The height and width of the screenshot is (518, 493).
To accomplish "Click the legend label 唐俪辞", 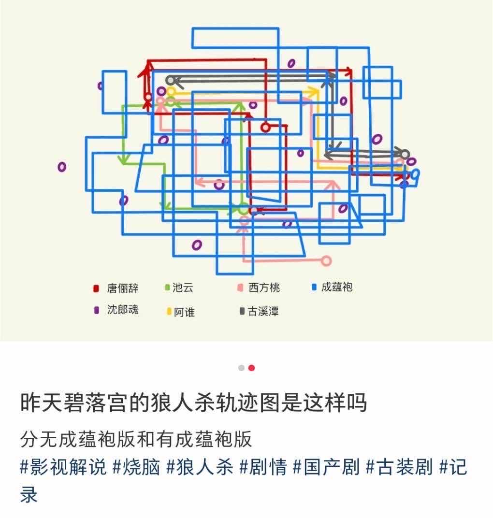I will pyautogui.click(x=123, y=288).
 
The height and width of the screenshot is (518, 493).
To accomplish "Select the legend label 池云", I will pyautogui.click(x=183, y=288).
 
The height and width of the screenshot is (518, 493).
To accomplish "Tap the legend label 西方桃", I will pyautogui.click(x=264, y=288).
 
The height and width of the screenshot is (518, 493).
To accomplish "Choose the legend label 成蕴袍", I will pyautogui.click(x=337, y=288).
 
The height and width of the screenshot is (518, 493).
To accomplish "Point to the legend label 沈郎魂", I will pyautogui.click(x=123, y=310).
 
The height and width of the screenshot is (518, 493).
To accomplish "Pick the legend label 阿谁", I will pyautogui.click(x=184, y=312).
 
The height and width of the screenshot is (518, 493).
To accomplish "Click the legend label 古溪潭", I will pyautogui.click(x=263, y=312).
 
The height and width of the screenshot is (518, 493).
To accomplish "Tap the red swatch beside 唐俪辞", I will pyautogui.click(x=96, y=289).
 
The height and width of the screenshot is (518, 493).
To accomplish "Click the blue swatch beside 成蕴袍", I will pyautogui.click(x=314, y=288).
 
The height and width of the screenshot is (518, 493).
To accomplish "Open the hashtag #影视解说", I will pyautogui.click(x=63, y=468).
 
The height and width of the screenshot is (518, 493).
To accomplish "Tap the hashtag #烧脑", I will pyautogui.click(x=136, y=468).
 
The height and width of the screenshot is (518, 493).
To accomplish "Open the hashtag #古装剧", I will pyautogui.click(x=399, y=468).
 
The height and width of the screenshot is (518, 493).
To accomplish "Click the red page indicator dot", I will pyautogui.click(x=251, y=368).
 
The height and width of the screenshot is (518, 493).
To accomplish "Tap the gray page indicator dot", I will pyautogui.click(x=241, y=368).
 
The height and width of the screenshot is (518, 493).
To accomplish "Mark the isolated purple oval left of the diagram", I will pyautogui.click(x=62, y=167).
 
